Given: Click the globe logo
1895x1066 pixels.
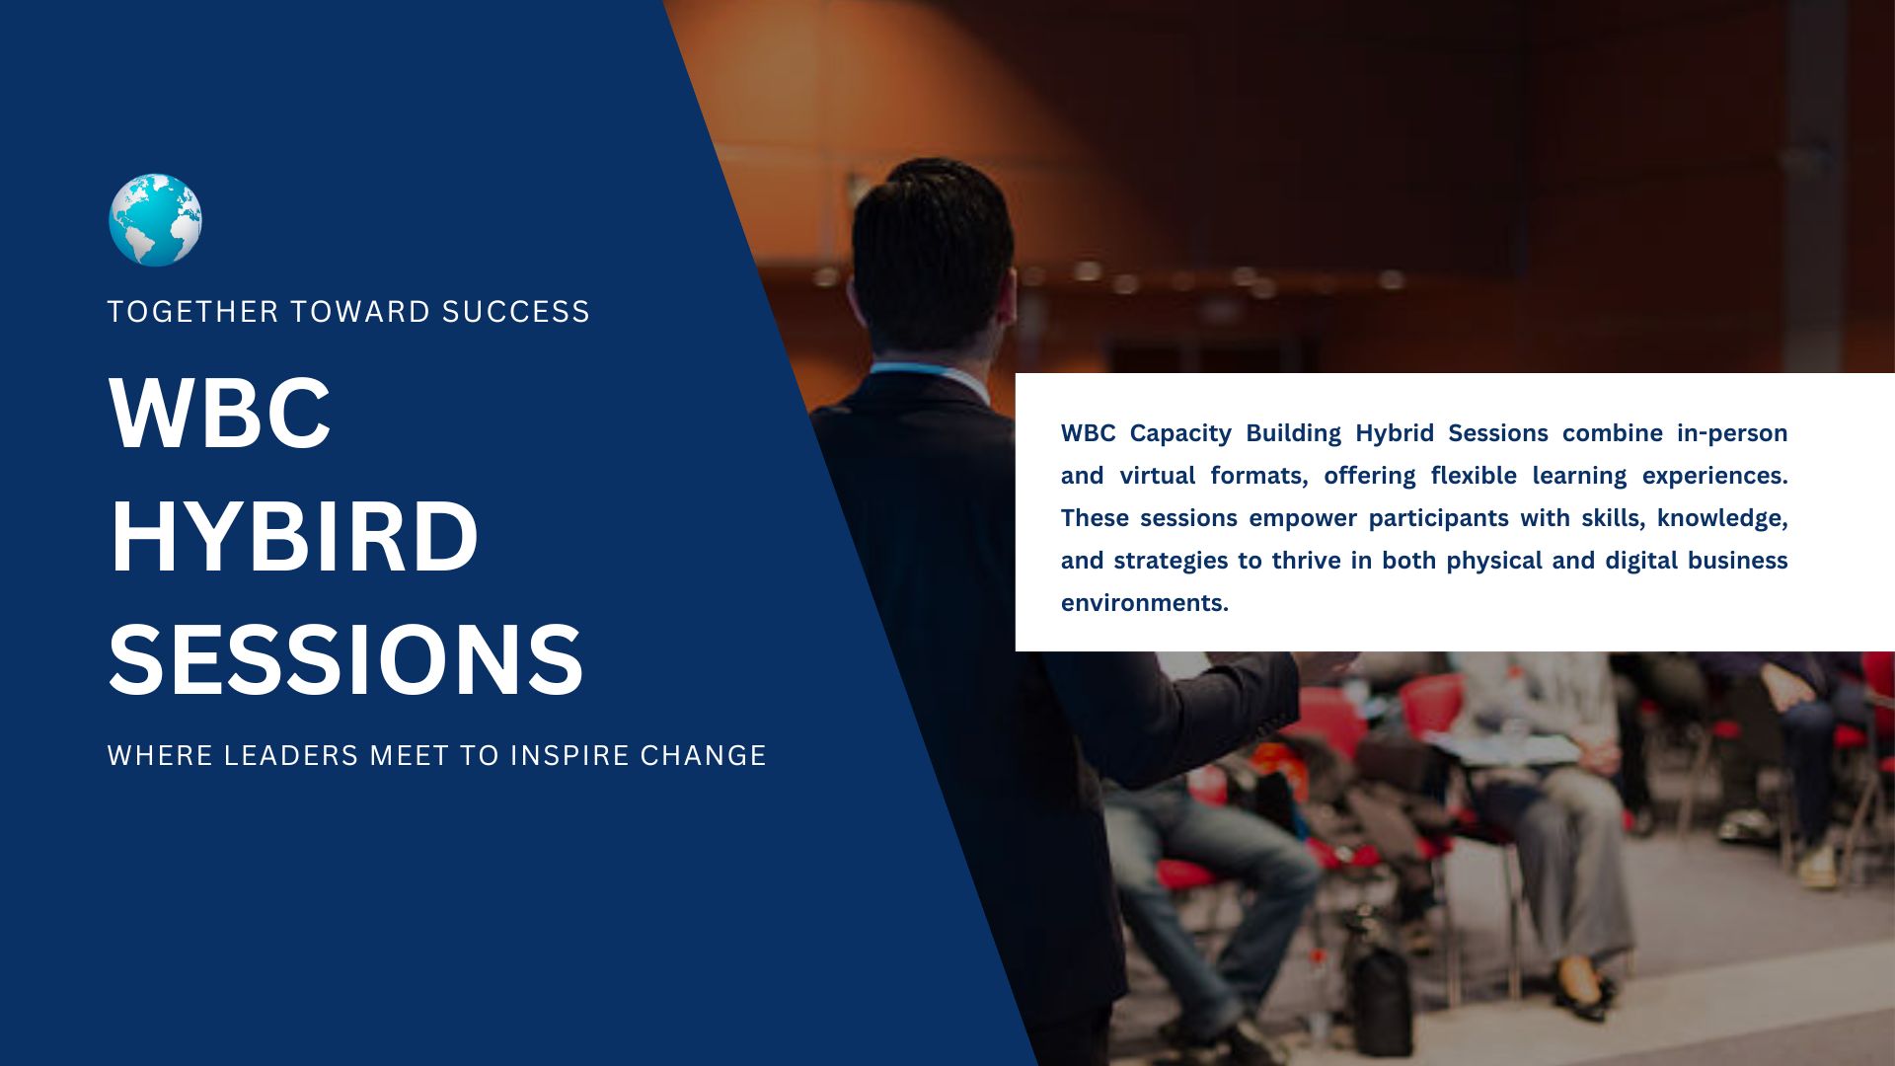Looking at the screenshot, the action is coord(155,220).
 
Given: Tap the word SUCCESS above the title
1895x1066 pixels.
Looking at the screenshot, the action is coord(515,312).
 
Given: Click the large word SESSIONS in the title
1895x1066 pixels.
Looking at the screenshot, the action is coord(345,660).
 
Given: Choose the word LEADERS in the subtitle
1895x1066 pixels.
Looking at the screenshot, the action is coord(291,756).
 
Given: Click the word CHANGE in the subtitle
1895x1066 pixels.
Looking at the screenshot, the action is coord(703,756).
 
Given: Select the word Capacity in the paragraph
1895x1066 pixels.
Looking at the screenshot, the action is coord(1180,434).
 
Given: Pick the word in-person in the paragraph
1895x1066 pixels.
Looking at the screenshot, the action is coord(1732,434).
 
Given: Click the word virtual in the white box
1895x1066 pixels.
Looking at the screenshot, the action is coord(1158,476).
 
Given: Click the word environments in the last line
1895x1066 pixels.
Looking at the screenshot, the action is coord(1145,603).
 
